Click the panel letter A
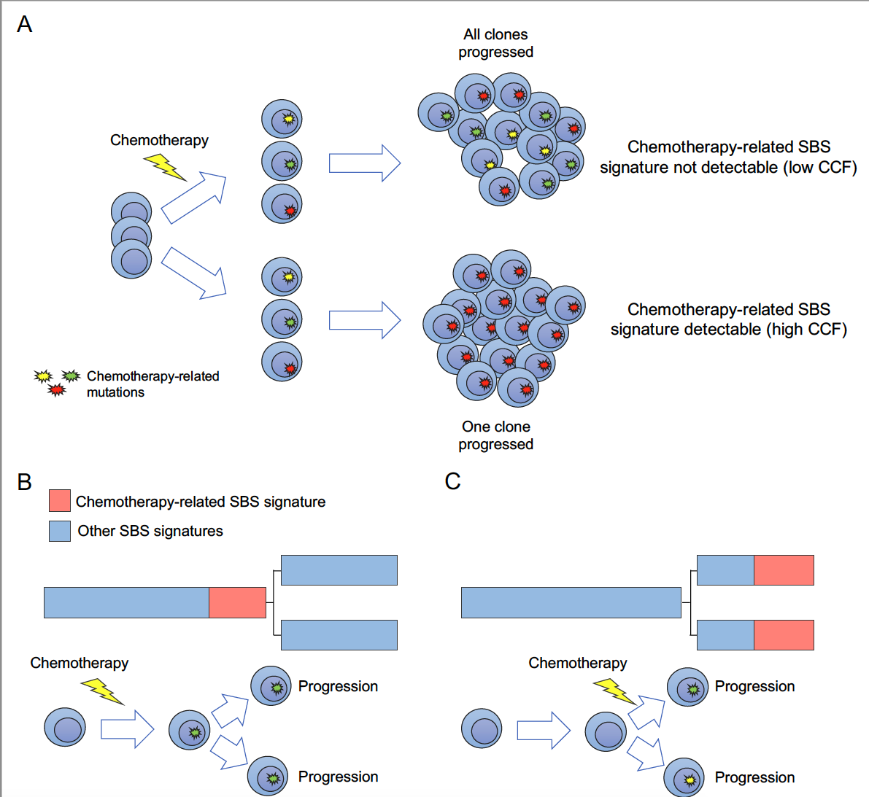(25, 25)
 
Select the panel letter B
(25, 482)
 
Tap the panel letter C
(452, 481)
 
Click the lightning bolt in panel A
(165, 167)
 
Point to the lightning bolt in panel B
(102, 691)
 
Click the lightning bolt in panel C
(614, 690)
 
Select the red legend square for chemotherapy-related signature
(60, 501)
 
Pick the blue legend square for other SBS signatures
(60, 531)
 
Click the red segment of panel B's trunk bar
(237, 602)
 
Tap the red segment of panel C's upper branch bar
(784, 570)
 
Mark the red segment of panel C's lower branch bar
(784, 635)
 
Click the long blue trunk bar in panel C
(571, 602)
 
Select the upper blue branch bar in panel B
(339, 570)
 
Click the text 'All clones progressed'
(496, 43)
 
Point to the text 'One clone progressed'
(496, 435)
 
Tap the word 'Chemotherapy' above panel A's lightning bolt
(159, 140)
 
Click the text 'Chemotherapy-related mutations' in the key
(152, 384)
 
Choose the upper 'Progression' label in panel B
(338, 686)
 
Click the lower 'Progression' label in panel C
(754, 777)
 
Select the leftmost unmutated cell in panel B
(65, 728)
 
